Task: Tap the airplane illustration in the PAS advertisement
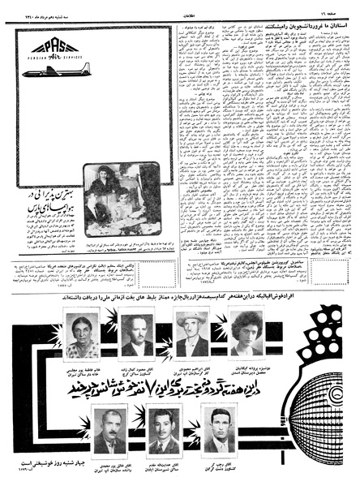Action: point(55,72)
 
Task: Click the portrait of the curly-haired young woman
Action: point(244,333)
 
